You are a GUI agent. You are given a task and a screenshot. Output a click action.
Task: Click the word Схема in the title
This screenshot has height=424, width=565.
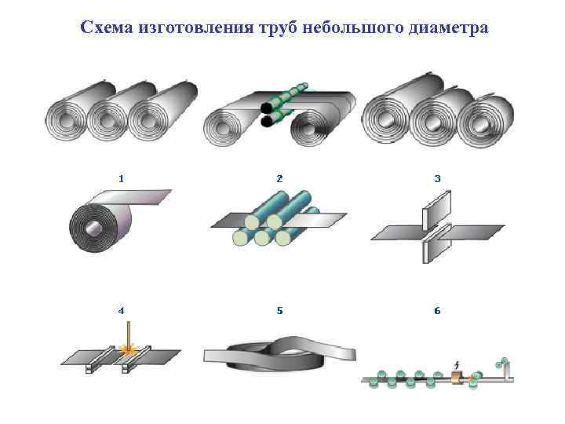[107, 28]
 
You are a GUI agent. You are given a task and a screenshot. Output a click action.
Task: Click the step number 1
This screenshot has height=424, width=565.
[121, 178]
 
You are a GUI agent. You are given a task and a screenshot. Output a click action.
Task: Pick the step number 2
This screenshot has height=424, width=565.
[279, 178]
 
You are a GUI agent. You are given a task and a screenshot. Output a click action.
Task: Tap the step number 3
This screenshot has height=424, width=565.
[437, 178]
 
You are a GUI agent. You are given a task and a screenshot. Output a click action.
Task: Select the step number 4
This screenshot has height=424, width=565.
[121, 310]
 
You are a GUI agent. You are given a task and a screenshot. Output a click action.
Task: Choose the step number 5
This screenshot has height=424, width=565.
[279, 310]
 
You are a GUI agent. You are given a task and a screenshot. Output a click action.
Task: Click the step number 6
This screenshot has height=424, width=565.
[437, 310]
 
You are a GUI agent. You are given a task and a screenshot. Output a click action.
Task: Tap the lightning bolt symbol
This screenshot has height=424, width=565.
[457, 365]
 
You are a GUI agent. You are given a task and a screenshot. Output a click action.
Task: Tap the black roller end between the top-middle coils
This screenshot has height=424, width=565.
[268, 108]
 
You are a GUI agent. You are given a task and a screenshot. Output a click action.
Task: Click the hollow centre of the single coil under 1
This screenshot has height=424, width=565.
[93, 228]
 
